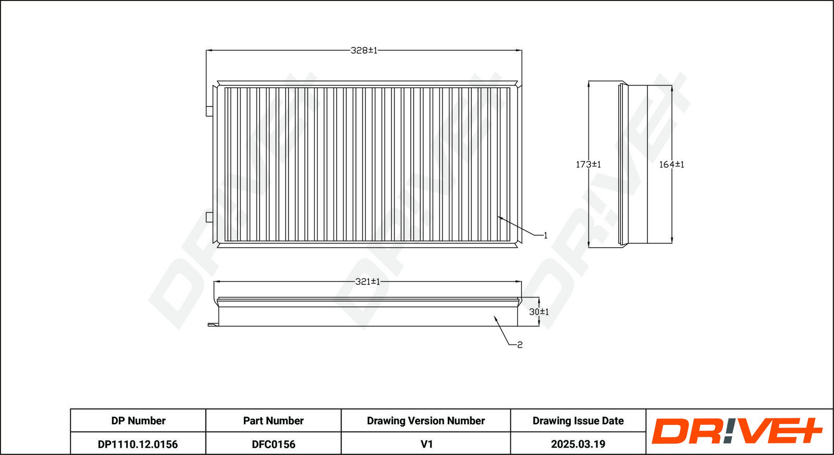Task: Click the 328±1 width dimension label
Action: (x=364, y=50)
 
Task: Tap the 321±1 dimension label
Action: (x=367, y=282)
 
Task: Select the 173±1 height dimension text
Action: (x=588, y=164)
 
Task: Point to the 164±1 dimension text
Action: (x=671, y=164)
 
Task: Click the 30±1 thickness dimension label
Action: (x=539, y=312)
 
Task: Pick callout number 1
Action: (x=545, y=235)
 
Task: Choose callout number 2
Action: (x=520, y=345)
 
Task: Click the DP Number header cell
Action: (x=138, y=421)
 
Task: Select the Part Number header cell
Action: (x=273, y=421)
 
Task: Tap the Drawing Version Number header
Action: (x=425, y=421)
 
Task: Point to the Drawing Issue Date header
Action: (x=578, y=421)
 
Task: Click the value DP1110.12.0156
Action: (x=138, y=444)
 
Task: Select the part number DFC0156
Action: (x=273, y=444)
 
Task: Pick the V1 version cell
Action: (x=426, y=444)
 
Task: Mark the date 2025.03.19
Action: (x=578, y=444)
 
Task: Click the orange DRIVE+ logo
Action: (x=737, y=431)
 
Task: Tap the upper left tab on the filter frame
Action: (x=209, y=111)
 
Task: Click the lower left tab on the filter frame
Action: (x=209, y=217)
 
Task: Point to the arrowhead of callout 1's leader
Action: (x=498, y=217)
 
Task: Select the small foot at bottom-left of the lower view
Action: (x=213, y=325)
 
